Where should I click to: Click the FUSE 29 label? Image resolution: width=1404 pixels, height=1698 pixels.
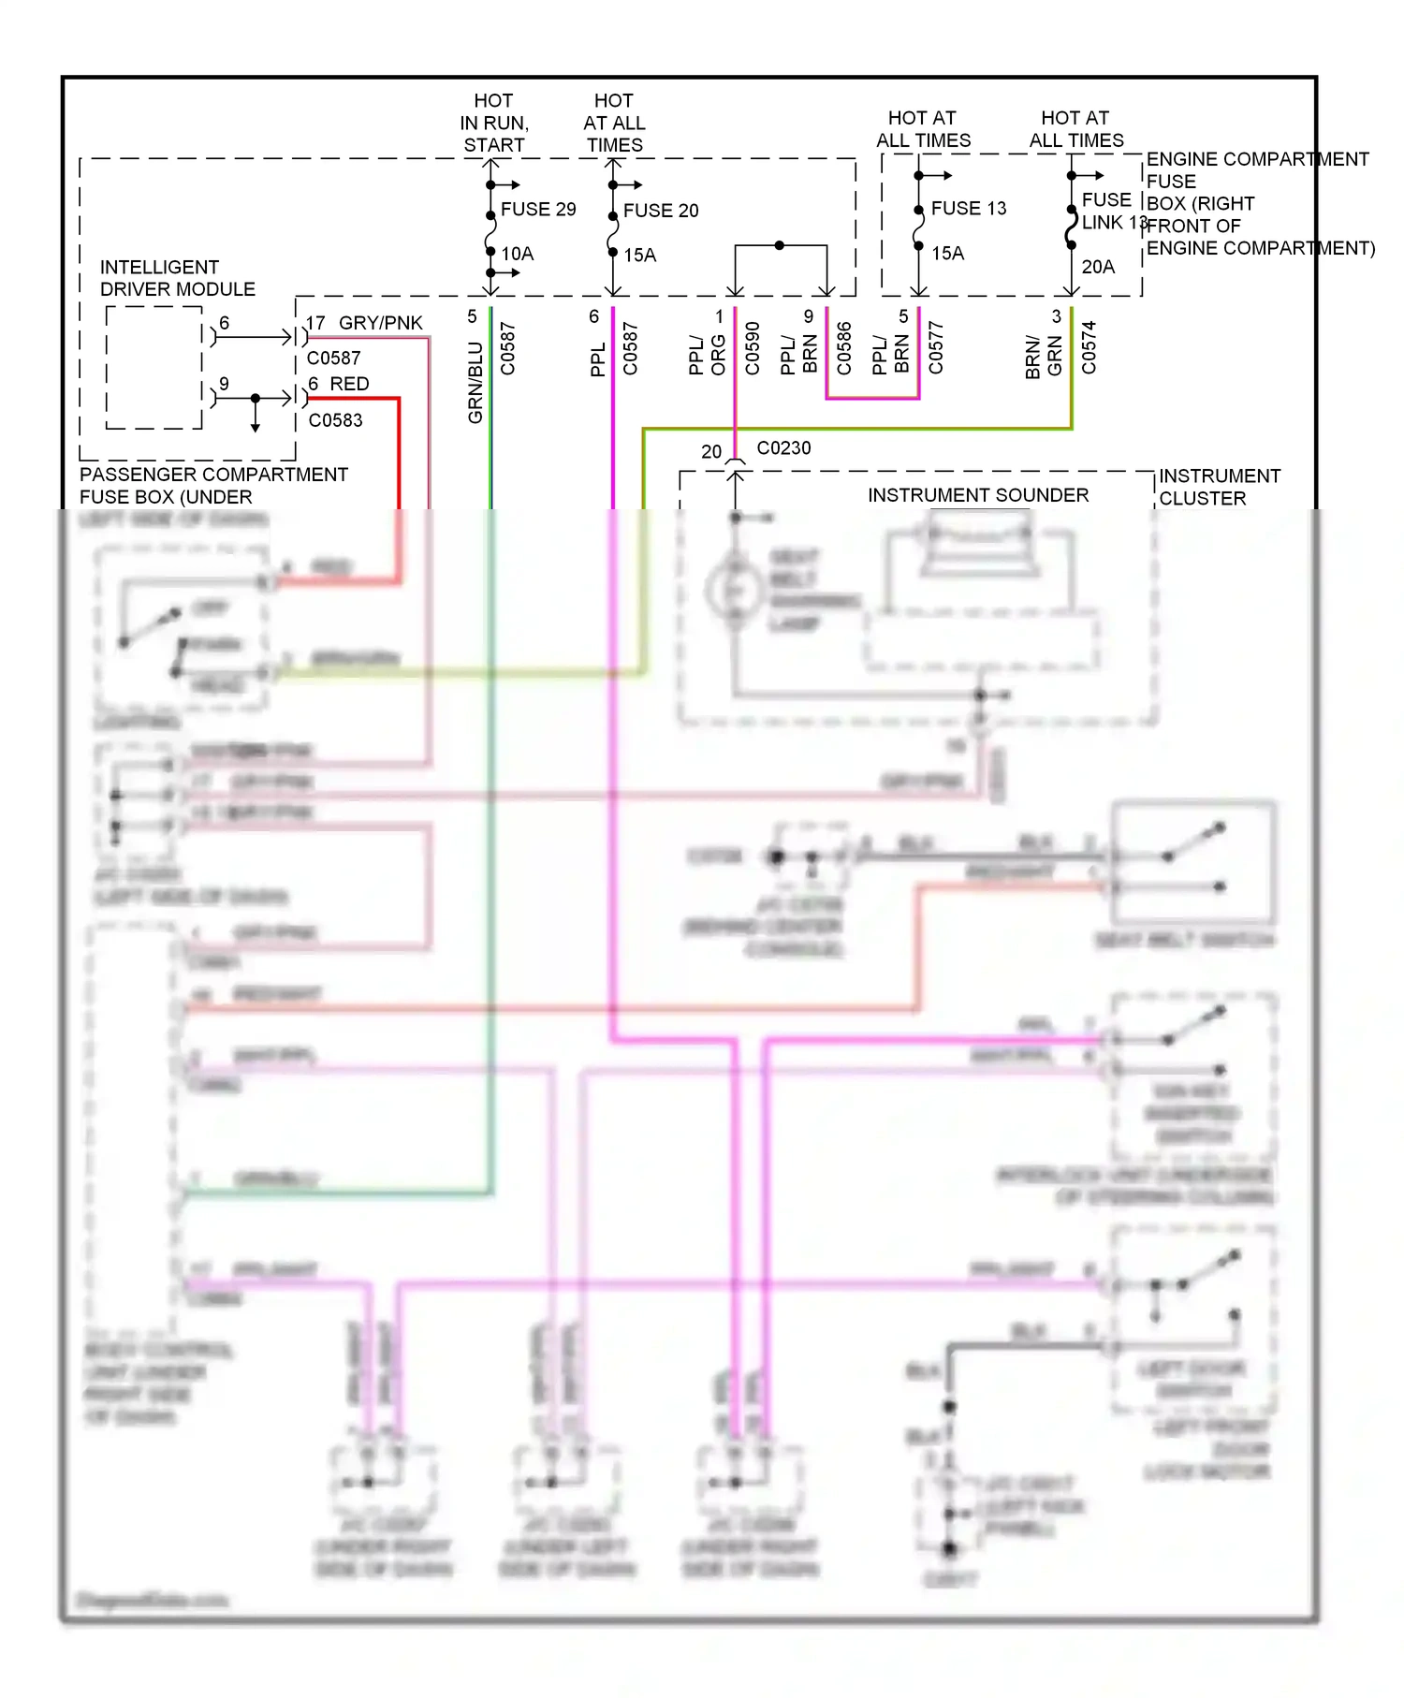[x=538, y=210]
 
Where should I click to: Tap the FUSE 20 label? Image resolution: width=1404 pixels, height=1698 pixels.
[x=661, y=212]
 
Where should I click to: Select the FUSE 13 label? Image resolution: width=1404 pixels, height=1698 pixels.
[x=969, y=209]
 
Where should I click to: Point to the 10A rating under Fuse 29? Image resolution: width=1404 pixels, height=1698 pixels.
[x=518, y=255]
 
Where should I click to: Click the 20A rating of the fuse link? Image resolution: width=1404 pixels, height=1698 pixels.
[x=1098, y=268]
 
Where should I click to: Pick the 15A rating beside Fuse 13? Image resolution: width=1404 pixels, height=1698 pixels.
[x=947, y=254]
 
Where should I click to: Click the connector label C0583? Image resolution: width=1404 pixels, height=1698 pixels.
[x=335, y=421]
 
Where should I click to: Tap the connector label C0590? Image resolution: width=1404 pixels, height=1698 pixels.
[x=753, y=349]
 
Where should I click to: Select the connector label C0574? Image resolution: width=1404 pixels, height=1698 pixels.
[x=1089, y=348]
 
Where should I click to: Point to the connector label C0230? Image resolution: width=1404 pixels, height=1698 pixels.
[x=783, y=448]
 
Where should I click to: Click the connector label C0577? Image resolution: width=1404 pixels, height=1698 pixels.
[x=936, y=348]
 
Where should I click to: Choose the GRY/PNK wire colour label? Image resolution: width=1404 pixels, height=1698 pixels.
[x=380, y=324]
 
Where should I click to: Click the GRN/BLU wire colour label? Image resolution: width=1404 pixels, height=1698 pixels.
[x=475, y=382]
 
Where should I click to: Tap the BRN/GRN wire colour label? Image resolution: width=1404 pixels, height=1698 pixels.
[x=1044, y=357]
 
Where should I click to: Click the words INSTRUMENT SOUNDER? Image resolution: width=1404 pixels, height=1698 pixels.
[x=978, y=495]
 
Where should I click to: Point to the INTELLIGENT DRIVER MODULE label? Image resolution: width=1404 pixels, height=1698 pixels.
[x=177, y=279]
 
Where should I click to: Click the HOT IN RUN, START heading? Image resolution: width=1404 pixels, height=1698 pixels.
[x=493, y=123]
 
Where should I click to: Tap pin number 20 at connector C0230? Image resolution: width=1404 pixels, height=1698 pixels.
[x=711, y=452]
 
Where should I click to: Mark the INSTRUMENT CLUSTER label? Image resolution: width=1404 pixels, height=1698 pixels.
[x=1219, y=488]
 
